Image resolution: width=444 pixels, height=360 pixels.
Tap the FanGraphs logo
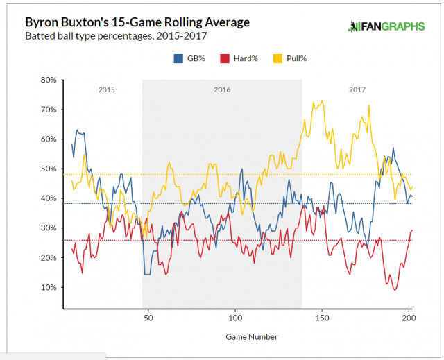[385, 27]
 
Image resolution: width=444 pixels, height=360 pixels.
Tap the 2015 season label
[107, 90]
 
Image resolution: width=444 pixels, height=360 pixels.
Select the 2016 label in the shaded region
[222, 90]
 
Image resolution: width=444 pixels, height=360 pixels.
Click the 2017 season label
[357, 90]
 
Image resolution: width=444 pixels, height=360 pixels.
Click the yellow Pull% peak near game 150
[322, 101]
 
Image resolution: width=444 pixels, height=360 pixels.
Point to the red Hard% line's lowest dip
[395, 290]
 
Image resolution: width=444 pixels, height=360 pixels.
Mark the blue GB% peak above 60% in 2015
[77, 130]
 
